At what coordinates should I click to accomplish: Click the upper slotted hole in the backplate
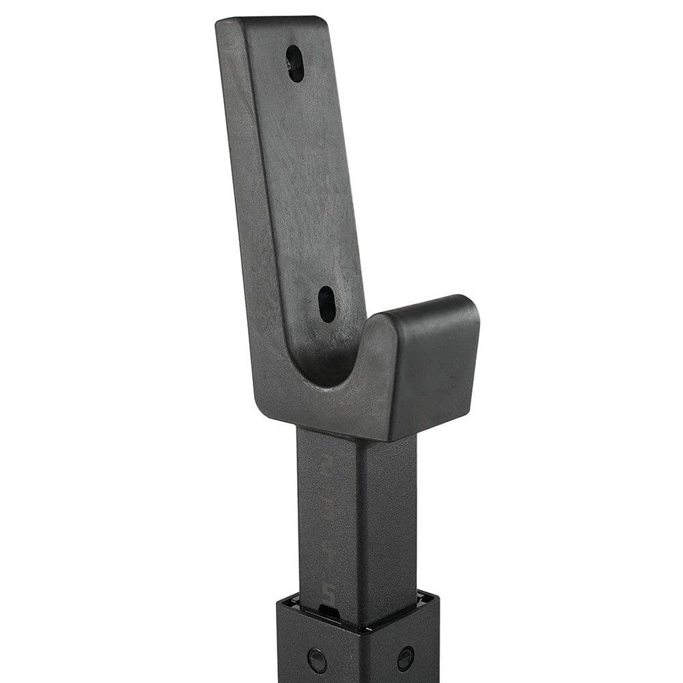(295, 64)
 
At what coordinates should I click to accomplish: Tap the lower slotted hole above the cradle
(327, 304)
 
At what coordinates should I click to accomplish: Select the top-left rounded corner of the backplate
(222, 26)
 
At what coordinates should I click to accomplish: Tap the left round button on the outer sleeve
(317, 660)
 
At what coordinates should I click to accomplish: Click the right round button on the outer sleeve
(406, 658)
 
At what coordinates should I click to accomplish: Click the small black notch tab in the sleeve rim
(329, 610)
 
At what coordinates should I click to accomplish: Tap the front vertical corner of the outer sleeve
(361, 656)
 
